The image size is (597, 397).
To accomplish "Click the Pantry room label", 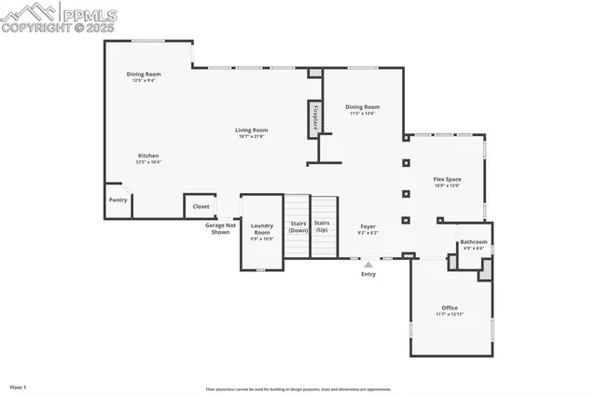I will tap(118, 199).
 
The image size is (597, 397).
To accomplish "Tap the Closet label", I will tap(201, 206).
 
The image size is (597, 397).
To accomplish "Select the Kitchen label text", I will tap(148, 155).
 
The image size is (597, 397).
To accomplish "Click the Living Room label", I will tap(251, 130).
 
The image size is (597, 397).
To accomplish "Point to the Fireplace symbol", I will tap(315, 118).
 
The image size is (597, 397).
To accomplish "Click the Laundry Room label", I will tap(261, 228).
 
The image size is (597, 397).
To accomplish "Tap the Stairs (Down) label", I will tap(298, 226).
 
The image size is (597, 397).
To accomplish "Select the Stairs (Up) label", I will tap(322, 226).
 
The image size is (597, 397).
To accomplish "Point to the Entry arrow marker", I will tap(368, 265).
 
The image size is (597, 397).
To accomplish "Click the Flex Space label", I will tap(447, 179).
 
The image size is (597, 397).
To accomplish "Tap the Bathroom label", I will tap(473, 242).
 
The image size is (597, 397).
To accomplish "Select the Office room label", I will tap(450, 308).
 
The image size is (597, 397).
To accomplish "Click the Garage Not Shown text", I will tap(221, 228).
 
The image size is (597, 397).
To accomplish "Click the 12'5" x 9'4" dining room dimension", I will tap(144, 80).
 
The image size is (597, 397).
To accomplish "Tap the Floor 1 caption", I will tap(19, 386).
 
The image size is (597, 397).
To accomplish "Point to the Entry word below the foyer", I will tap(368, 275).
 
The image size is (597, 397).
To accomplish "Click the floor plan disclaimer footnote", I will tap(298, 390).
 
